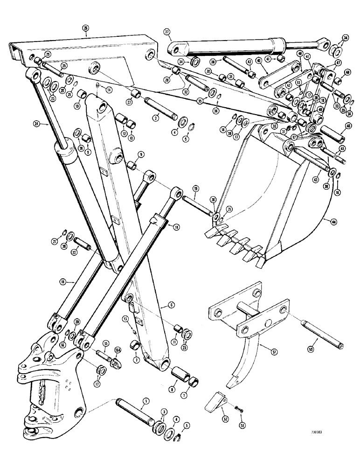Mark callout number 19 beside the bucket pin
coord(195,189)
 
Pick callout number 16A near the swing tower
coord(116,356)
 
